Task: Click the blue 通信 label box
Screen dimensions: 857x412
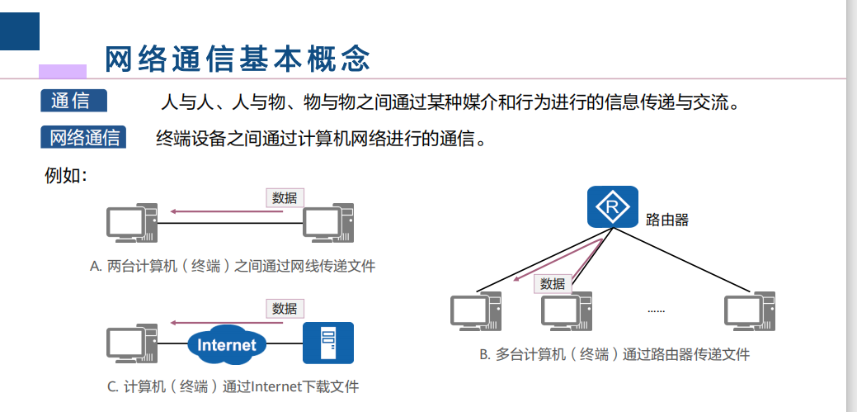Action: pos(74,101)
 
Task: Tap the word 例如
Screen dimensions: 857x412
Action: pos(64,175)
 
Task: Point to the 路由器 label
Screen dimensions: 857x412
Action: pos(666,220)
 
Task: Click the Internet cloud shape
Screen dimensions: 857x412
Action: pos(227,344)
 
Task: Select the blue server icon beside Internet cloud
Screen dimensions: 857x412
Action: pos(328,343)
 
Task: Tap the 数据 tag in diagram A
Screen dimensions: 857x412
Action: pos(285,198)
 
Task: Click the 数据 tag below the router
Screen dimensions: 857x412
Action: pos(553,284)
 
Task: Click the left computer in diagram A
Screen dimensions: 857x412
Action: pos(131,224)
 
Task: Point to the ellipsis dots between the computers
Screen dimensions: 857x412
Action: pos(656,311)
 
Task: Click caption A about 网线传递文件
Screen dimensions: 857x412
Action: pos(233,266)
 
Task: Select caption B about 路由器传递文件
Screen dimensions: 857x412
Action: pos(614,354)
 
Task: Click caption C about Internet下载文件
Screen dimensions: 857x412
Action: pos(233,386)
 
